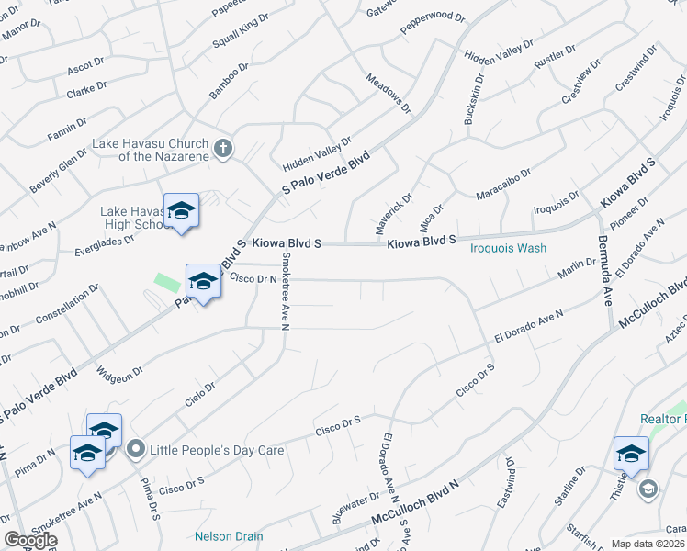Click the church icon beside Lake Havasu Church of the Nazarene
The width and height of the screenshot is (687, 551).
[x=222, y=148]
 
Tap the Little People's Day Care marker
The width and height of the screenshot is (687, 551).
[x=137, y=450]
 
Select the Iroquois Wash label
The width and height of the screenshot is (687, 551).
[x=508, y=248]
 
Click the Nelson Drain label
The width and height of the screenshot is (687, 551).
[x=229, y=536]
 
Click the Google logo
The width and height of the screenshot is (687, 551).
[x=30, y=540]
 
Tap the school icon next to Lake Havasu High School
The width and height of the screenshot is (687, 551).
[x=181, y=210]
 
